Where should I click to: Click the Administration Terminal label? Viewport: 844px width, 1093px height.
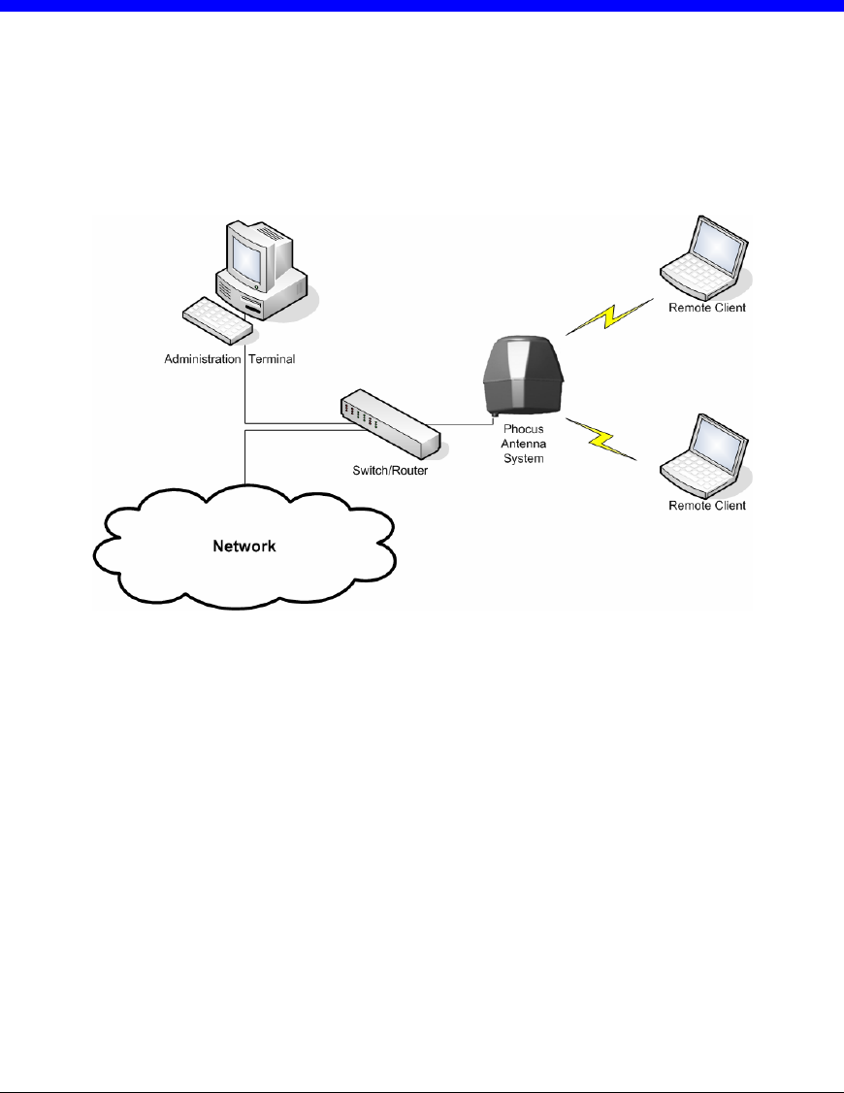tap(229, 359)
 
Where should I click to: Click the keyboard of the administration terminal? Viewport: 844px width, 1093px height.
tap(218, 319)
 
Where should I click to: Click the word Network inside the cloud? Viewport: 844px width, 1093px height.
tap(244, 546)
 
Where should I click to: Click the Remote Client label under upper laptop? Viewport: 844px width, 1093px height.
tap(706, 308)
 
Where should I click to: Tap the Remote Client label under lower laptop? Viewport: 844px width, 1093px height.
tap(706, 506)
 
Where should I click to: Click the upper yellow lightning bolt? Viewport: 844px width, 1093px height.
tap(608, 316)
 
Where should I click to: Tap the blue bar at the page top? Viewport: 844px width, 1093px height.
tap(422, 6)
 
